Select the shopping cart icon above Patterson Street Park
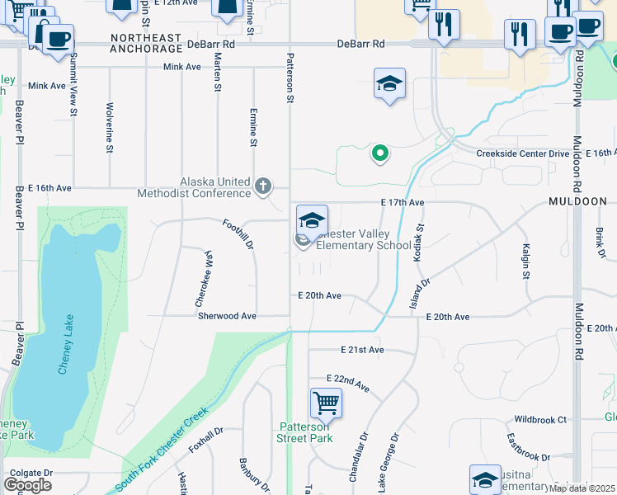[x=326, y=404]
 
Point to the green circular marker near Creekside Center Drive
[x=380, y=153]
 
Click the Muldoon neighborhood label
[x=577, y=201]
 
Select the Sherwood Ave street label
[x=226, y=316]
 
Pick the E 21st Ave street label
[x=363, y=350]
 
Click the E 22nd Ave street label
[x=348, y=381]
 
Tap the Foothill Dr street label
[x=238, y=233]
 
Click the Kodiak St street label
[x=419, y=238]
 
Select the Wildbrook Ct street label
[x=540, y=419]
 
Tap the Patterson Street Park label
[x=305, y=432]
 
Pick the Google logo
[x=28, y=484]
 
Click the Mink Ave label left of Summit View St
[x=46, y=86]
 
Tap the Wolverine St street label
[x=109, y=128]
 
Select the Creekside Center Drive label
[x=522, y=153]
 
